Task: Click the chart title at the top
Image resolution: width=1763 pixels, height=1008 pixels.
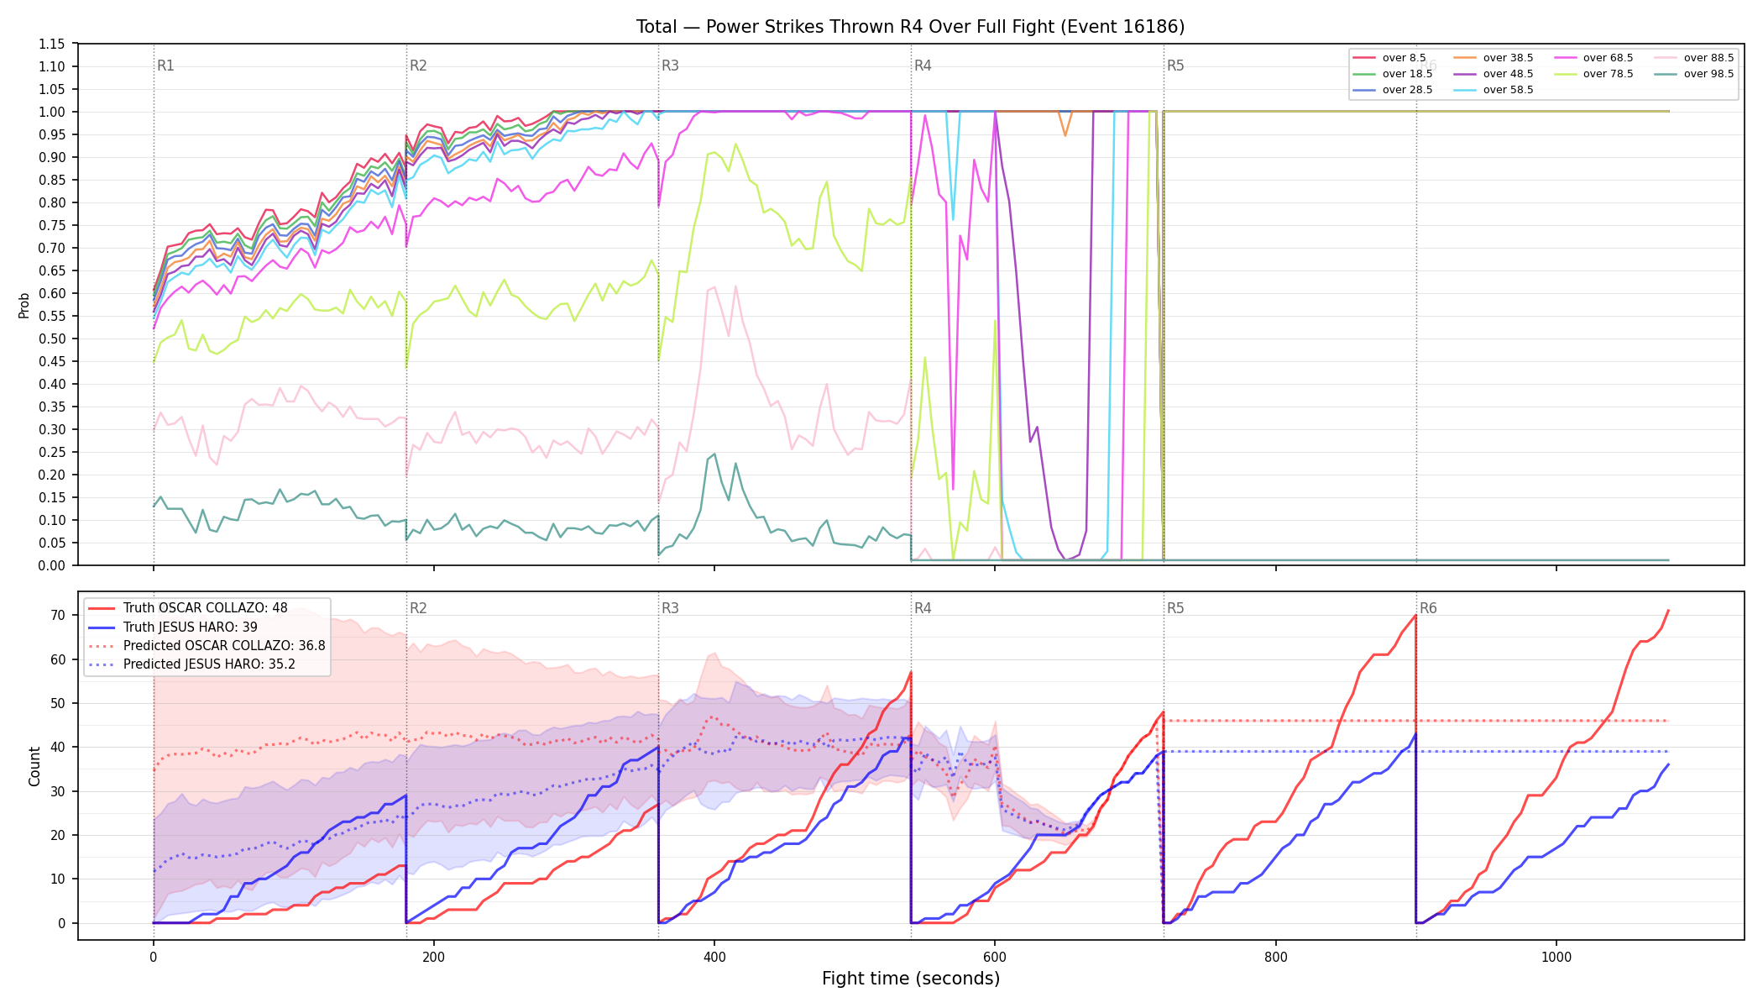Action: click(910, 27)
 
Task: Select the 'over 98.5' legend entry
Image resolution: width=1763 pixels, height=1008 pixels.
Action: click(1693, 74)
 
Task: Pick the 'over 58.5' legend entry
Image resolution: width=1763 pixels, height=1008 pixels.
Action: click(1493, 90)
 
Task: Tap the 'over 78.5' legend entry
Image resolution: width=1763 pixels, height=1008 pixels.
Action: click(1593, 74)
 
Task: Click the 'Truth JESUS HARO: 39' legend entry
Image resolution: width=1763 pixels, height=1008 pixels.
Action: click(173, 627)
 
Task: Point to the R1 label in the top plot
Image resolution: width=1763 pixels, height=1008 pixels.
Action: click(165, 66)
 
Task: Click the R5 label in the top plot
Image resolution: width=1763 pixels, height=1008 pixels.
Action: click(1175, 66)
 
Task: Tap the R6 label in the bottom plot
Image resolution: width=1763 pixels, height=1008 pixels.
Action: click(1428, 608)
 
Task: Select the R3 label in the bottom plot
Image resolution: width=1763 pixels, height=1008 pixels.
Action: click(670, 608)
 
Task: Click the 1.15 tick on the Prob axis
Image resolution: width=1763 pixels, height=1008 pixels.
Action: click(52, 44)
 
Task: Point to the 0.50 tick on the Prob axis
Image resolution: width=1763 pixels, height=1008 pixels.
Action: click(52, 339)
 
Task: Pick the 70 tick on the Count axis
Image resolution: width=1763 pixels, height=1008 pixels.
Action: click(58, 615)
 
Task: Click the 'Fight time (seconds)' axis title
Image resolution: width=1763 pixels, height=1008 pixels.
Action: click(911, 979)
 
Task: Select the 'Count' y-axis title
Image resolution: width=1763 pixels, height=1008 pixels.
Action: click(34, 766)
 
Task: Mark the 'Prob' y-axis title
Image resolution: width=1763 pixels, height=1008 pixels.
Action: click(24, 305)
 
